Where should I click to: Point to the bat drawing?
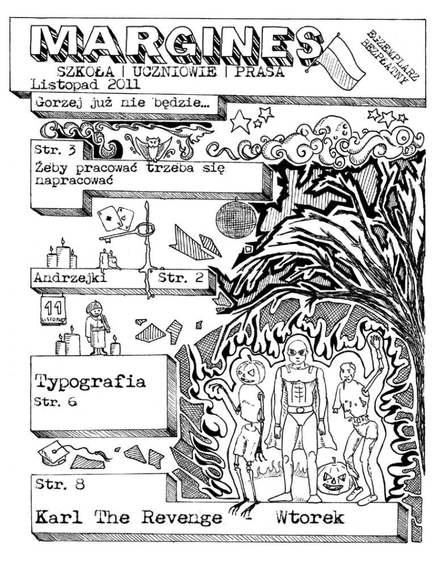pyautogui.click(x=152, y=148)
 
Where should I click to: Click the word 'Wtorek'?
pyautogui.click(x=309, y=517)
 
